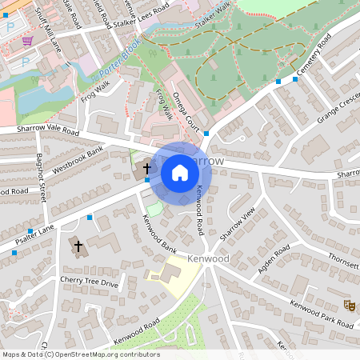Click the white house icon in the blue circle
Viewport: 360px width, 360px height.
tap(180, 172)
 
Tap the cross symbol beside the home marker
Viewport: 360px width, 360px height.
tap(146, 169)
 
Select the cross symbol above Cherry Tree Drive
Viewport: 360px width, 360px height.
tap(78, 246)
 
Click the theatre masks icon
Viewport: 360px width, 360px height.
tap(348, 305)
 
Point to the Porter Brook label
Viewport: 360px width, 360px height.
tap(120, 53)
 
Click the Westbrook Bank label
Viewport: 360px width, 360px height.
tap(78, 161)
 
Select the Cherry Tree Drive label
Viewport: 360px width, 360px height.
tap(89, 282)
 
